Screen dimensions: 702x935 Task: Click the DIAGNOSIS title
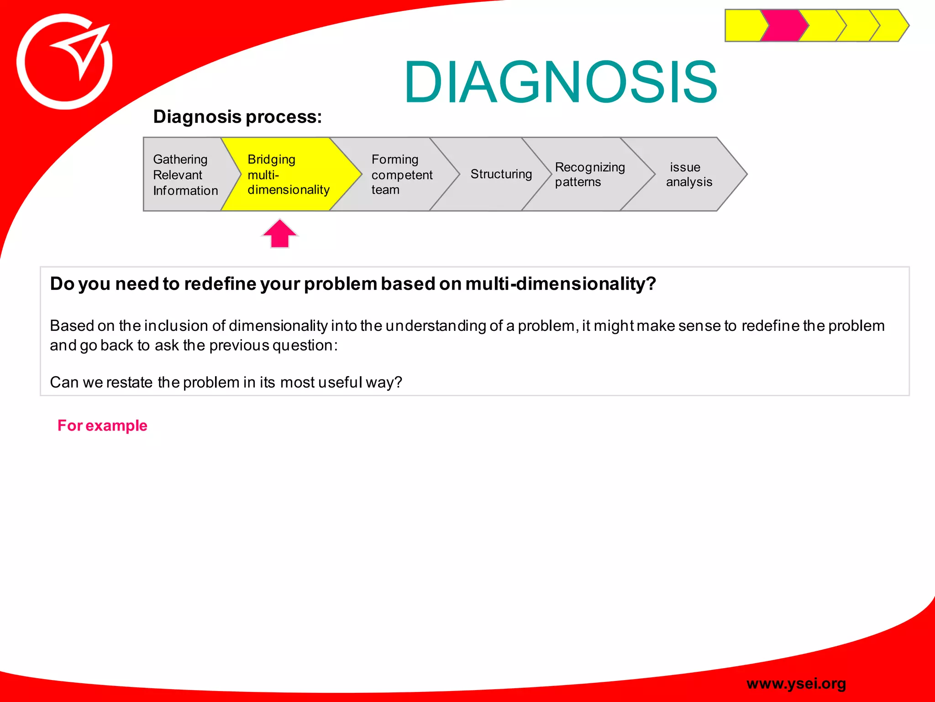[x=561, y=83]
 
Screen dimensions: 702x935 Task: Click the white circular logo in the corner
[x=64, y=62]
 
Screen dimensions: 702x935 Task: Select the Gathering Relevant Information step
[x=185, y=175]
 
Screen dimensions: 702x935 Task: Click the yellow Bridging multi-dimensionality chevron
[x=288, y=175]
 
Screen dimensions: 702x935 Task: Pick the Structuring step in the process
[x=501, y=174]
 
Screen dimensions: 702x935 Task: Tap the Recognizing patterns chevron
[x=589, y=175]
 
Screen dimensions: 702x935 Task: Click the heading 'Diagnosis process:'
[x=237, y=117]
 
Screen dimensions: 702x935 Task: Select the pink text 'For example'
[x=102, y=425]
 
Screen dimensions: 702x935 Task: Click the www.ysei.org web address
[x=796, y=683]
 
